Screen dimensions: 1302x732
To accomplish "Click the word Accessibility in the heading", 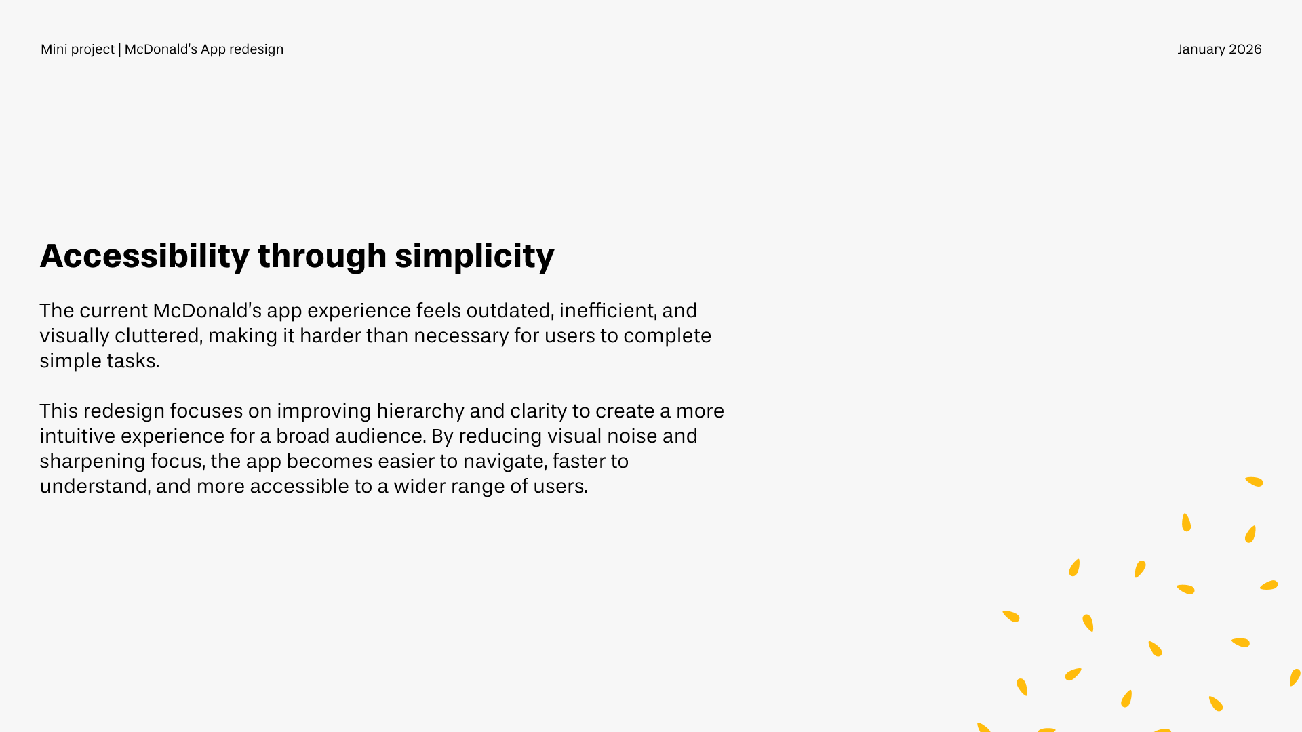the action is [x=144, y=256].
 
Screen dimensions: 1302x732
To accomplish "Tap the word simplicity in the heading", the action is [x=474, y=256].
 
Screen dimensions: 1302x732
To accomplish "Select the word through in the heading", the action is [x=322, y=256].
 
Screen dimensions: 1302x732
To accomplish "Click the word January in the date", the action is [x=1201, y=49].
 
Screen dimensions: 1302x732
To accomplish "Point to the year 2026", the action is [x=1245, y=49].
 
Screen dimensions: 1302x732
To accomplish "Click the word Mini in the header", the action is [x=54, y=49].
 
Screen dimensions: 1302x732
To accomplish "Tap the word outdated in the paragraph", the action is [x=509, y=310].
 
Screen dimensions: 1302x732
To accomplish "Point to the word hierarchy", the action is [x=420, y=411].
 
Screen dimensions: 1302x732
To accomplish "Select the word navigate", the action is [x=505, y=462].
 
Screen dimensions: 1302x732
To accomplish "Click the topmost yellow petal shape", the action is [x=1254, y=482].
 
